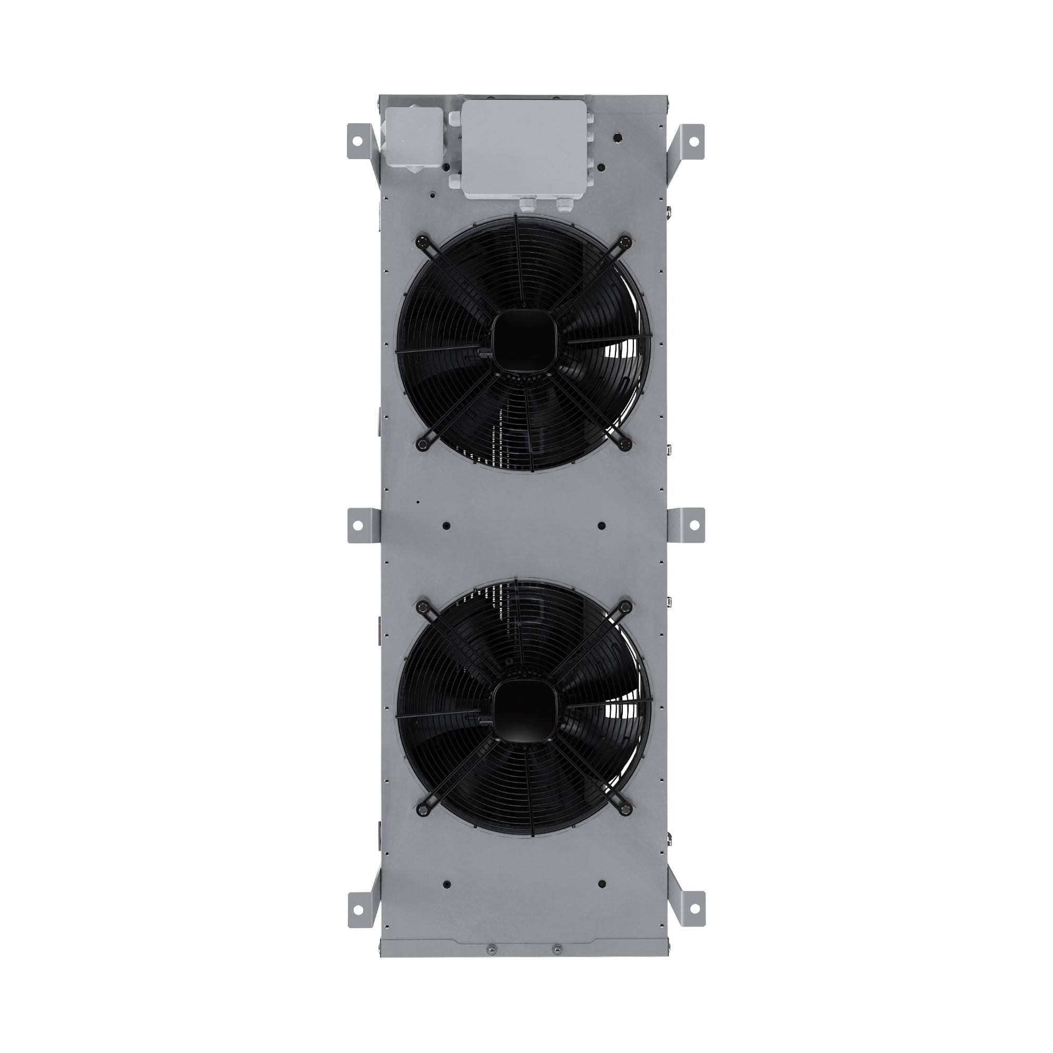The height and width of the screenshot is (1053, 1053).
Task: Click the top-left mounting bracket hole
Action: click(x=357, y=141)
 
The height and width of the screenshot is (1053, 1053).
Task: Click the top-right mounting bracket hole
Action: click(x=693, y=141)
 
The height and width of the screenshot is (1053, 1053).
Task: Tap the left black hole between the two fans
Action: click(x=447, y=526)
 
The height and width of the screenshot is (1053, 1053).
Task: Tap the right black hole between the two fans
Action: click(x=601, y=526)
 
